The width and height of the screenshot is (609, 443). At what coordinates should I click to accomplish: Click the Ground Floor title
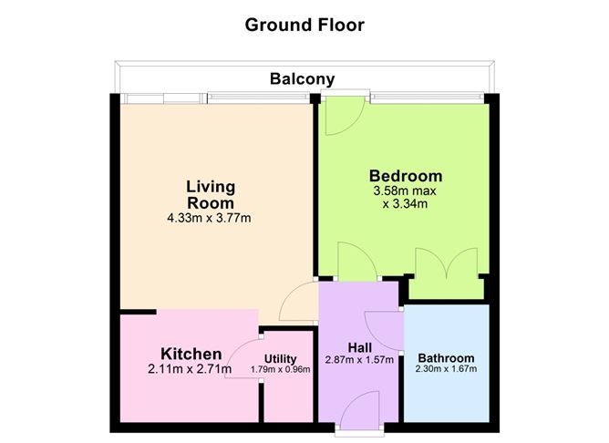pyautogui.click(x=304, y=25)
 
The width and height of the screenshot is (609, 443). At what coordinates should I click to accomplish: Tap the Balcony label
pyautogui.click(x=302, y=78)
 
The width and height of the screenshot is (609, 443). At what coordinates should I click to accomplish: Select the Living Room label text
pyautogui.click(x=210, y=194)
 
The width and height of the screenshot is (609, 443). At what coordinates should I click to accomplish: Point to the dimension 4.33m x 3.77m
pyautogui.click(x=210, y=218)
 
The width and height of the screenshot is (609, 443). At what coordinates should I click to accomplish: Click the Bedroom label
pyautogui.click(x=405, y=176)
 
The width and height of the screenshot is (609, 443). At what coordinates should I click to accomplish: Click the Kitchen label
pyautogui.click(x=191, y=354)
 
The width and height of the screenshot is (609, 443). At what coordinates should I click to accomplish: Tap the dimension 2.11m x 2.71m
pyautogui.click(x=191, y=369)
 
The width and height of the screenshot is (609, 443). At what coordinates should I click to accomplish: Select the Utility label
pyautogui.click(x=280, y=358)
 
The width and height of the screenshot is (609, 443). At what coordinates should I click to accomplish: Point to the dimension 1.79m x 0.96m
pyautogui.click(x=280, y=369)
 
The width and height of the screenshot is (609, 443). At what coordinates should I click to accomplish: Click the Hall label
pyautogui.click(x=359, y=347)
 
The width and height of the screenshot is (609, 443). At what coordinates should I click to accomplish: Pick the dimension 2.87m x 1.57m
pyautogui.click(x=359, y=360)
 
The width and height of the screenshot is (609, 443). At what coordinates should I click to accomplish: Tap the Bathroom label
pyautogui.click(x=447, y=357)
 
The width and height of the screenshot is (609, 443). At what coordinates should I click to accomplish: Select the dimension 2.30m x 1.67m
pyautogui.click(x=447, y=369)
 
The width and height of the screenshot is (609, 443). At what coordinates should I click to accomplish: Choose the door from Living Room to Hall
pyautogui.click(x=300, y=297)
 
